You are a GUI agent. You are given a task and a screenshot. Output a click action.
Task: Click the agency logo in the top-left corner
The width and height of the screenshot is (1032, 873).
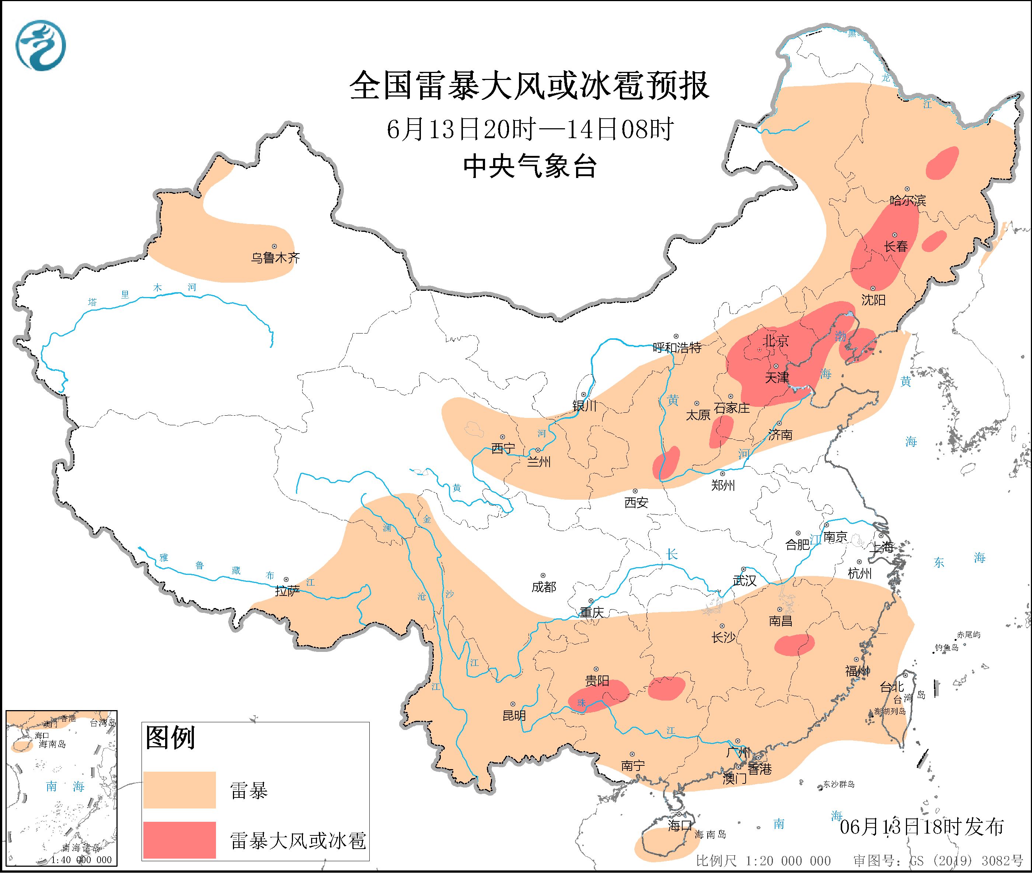click(x=41, y=46)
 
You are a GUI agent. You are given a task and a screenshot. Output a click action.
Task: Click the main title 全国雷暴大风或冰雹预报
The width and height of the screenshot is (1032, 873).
click(x=530, y=85)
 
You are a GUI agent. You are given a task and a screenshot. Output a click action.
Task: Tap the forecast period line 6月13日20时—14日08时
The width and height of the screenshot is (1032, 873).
click(x=530, y=130)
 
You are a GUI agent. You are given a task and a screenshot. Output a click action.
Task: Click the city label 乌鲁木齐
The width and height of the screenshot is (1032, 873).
click(x=275, y=258)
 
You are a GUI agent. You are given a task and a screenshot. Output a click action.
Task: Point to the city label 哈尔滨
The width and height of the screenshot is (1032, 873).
click(x=907, y=200)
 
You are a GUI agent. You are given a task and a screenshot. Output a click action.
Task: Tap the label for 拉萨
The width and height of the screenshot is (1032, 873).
click(x=287, y=591)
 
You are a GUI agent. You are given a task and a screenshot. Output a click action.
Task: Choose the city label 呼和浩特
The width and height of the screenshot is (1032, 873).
click(x=677, y=348)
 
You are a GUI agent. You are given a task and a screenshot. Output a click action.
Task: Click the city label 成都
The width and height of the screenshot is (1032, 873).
click(x=544, y=587)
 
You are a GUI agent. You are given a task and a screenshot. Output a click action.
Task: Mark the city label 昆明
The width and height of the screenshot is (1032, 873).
click(x=514, y=715)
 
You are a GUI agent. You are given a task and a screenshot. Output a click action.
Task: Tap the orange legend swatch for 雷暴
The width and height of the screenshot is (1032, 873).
click(x=179, y=789)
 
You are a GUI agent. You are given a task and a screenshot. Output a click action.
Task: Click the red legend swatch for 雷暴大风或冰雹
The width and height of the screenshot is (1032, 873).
click(x=179, y=840)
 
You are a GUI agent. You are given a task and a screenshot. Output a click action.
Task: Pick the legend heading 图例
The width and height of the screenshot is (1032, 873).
click(x=170, y=738)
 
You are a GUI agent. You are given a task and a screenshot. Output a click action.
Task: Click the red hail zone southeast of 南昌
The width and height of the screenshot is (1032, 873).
click(x=794, y=645)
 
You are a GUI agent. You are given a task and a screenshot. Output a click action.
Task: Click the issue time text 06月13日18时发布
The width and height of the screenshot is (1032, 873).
click(x=922, y=827)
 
